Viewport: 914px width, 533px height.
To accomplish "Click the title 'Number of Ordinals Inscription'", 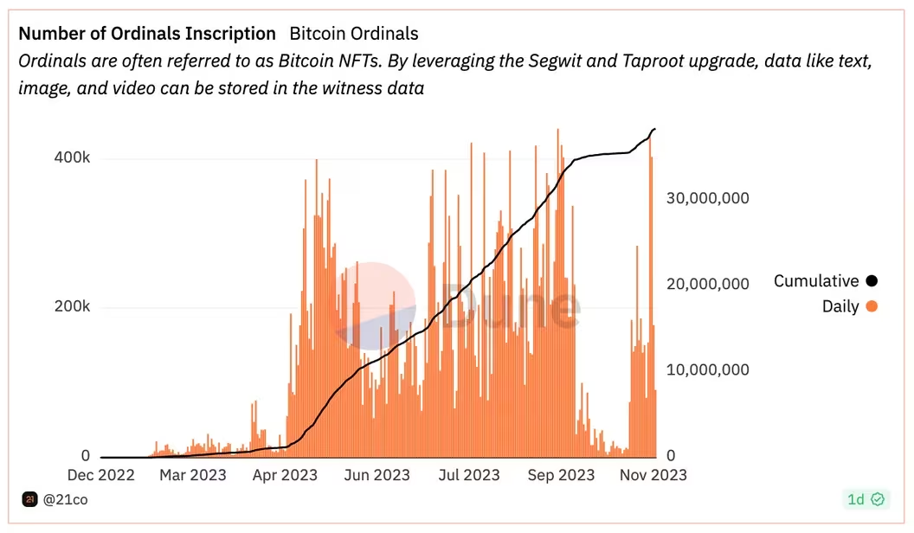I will (x=147, y=34).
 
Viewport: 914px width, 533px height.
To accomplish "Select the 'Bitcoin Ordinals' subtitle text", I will (x=353, y=34).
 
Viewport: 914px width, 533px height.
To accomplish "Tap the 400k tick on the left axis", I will (x=73, y=159).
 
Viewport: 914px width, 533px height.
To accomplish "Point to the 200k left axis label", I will (x=73, y=308).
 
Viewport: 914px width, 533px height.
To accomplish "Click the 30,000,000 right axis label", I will (x=707, y=198).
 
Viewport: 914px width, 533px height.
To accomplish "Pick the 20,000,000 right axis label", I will (x=707, y=284).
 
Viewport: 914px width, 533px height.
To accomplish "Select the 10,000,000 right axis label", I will (x=707, y=369).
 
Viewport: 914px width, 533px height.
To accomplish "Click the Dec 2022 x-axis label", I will (x=101, y=475).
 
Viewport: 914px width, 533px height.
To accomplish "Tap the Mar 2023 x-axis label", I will (x=192, y=475).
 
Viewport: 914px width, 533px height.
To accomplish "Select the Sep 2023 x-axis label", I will (x=562, y=475).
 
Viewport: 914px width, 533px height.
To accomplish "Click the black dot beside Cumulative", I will (x=871, y=281).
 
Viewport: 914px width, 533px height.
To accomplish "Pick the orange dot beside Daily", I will (x=871, y=306).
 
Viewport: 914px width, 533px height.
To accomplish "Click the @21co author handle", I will (x=66, y=499).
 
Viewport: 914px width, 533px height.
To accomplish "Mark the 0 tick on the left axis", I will (x=85, y=456).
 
